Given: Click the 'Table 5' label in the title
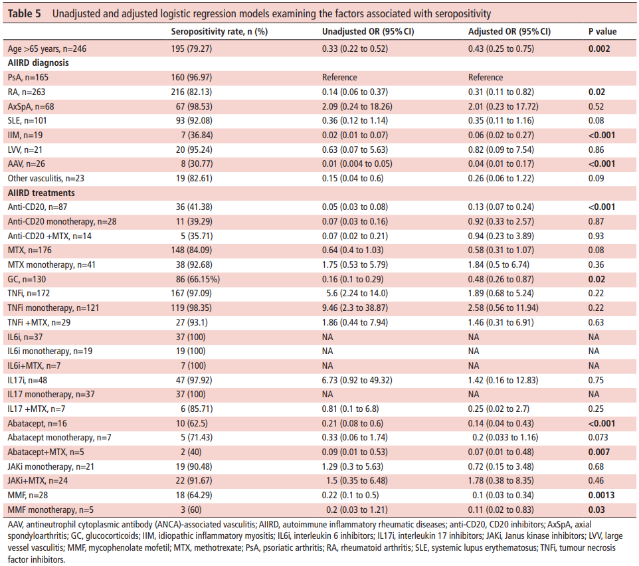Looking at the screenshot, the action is pyautogui.click(x=24, y=13).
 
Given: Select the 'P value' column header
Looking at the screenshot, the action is pyautogui.click(x=602, y=31).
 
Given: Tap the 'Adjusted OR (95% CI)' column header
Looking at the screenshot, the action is pyautogui.click(x=509, y=31).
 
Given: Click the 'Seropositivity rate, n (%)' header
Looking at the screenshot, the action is pyautogui.click(x=219, y=31).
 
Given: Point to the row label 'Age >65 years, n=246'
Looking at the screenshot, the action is pyautogui.click(x=47, y=49).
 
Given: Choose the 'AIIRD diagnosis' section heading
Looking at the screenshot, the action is pyautogui.click(x=39, y=62).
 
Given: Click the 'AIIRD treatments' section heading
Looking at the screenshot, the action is pyautogui.click(x=41, y=193).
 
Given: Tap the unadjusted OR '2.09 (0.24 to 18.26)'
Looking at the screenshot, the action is pyautogui.click(x=357, y=106).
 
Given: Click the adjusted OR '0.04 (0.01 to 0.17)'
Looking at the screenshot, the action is pyautogui.click(x=501, y=164).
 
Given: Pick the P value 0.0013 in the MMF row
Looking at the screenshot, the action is pyautogui.click(x=602, y=495).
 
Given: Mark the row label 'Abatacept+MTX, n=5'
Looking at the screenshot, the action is pyautogui.click(x=46, y=452).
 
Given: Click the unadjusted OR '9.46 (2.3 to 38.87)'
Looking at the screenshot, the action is pyautogui.click(x=355, y=308).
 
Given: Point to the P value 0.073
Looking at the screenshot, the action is pyautogui.click(x=598, y=437).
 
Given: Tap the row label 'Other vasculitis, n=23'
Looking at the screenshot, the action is pyautogui.click(x=46, y=178).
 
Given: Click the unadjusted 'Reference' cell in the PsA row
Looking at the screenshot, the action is pyautogui.click(x=339, y=78).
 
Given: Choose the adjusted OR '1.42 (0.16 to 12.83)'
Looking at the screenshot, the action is pyautogui.click(x=503, y=380).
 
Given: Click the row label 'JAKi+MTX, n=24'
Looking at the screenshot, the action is pyautogui.click(x=37, y=480).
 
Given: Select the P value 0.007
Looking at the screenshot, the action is pyautogui.click(x=599, y=452).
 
